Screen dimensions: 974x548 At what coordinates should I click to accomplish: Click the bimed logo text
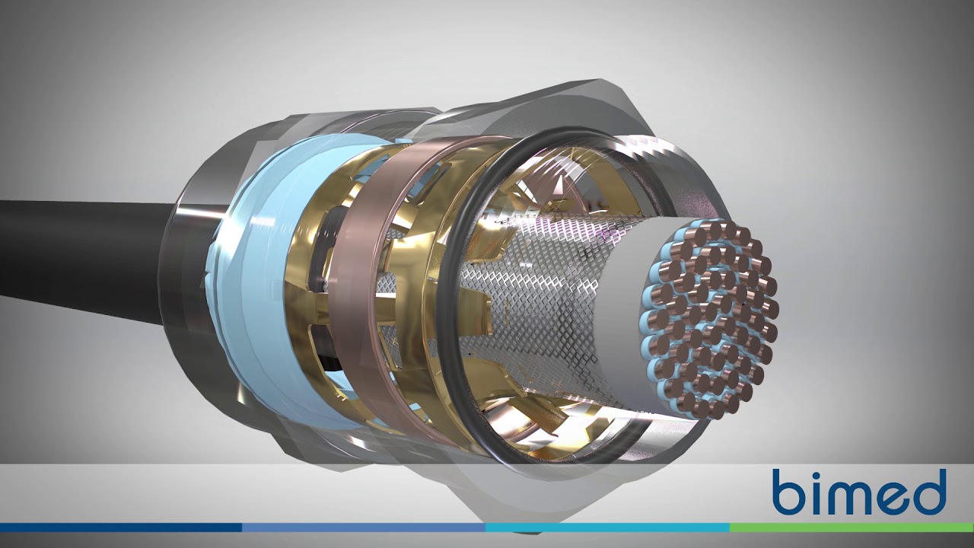point(859,492)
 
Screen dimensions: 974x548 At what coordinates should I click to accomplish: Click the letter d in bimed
point(928,492)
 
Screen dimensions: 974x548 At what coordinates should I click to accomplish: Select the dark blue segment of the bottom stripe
point(121,527)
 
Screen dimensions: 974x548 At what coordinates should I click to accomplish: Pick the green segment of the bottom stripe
point(851,527)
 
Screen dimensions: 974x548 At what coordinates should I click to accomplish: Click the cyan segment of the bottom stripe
point(607,527)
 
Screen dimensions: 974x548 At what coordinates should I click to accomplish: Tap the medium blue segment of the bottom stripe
point(364,527)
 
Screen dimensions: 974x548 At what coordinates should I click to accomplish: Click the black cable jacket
point(87,256)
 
